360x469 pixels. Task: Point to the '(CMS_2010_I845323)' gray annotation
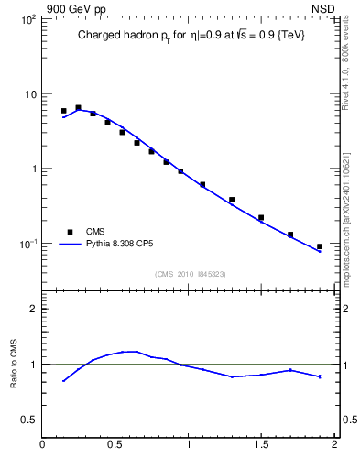click(190, 274)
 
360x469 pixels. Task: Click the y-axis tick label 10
click(29, 94)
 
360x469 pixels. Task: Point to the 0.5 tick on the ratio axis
click(30, 420)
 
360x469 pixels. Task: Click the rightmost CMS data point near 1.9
click(320, 246)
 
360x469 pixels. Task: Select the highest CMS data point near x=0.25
click(78, 107)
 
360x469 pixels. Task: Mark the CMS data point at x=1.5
click(261, 218)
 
